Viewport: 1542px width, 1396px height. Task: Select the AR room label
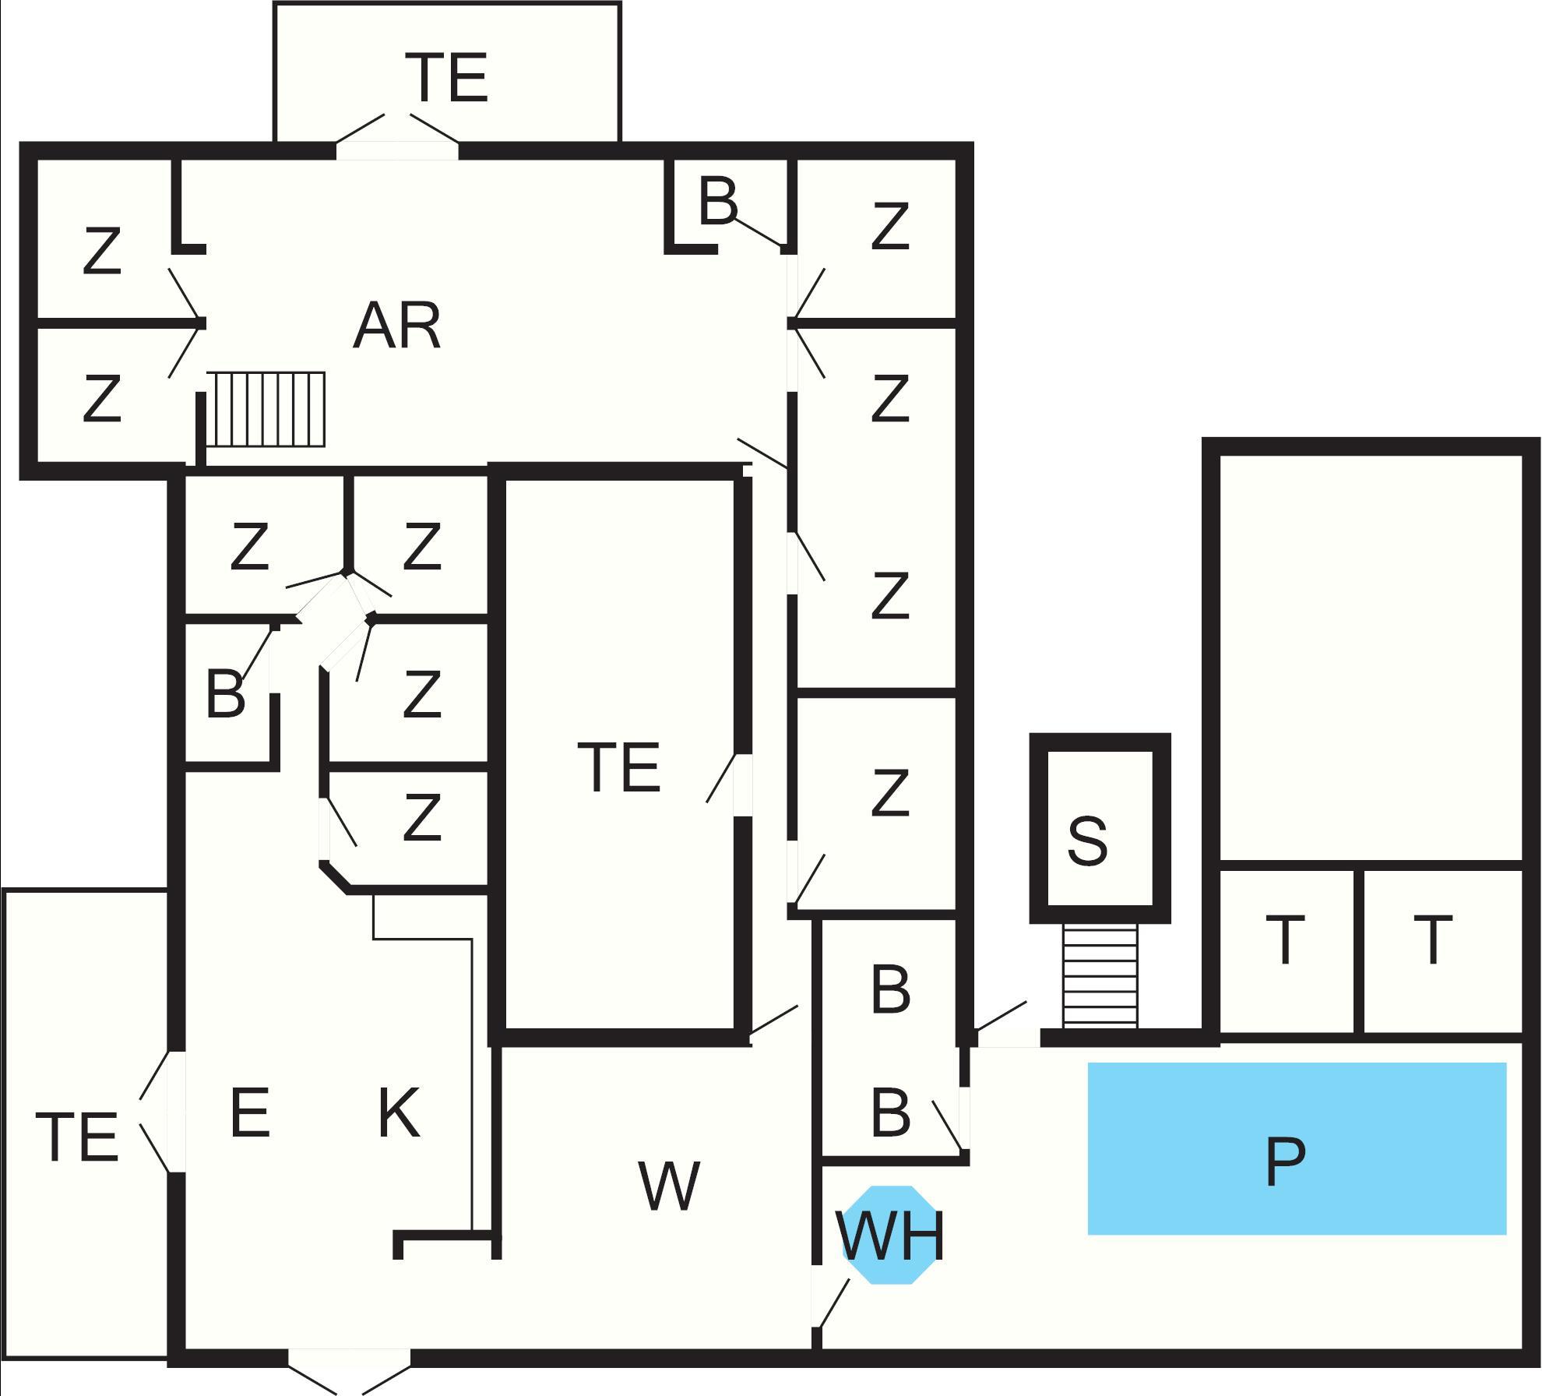click(397, 326)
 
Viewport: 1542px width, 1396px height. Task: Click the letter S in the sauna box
click(1087, 841)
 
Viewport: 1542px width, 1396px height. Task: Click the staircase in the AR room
click(266, 409)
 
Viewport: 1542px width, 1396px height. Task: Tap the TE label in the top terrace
click(447, 77)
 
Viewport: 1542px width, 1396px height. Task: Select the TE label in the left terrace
click(77, 1137)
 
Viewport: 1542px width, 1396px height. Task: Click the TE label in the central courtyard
click(619, 768)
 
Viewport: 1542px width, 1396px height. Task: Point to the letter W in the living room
click(668, 1186)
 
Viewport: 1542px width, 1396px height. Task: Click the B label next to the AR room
click(717, 202)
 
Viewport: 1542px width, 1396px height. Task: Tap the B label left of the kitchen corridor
click(225, 694)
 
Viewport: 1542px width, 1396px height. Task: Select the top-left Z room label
click(102, 251)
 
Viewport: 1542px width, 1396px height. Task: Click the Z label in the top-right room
click(890, 227)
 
